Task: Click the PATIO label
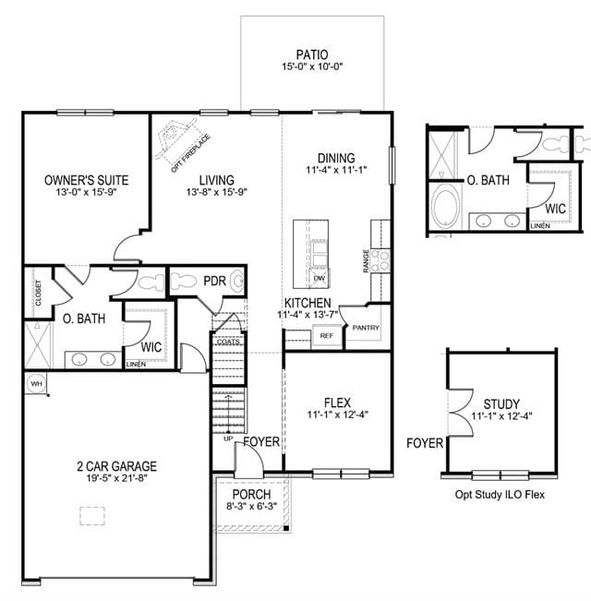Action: (312, 54)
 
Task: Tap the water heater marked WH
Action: (36, 383)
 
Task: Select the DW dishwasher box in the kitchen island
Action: (320, 278)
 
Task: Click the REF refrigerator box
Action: (327, 336)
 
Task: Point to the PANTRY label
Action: (366, 328)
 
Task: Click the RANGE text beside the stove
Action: (366, 261)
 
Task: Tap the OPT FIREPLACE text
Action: (190, 153)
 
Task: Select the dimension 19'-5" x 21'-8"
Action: (117, 478)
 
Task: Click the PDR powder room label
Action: (214, 281)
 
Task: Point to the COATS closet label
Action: (228, 342)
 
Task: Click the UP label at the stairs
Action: (228, 439)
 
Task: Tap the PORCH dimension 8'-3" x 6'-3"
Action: (251, 506)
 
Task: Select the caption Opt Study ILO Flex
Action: (500, 495)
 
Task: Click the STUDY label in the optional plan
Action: (501, 404)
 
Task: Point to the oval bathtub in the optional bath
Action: (446, 207)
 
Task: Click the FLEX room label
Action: (337, 403)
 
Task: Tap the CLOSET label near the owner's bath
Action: (38, 293)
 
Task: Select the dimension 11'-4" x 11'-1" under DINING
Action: (336, 170)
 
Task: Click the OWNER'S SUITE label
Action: (86, 180)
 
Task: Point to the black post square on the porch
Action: (286, 529)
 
